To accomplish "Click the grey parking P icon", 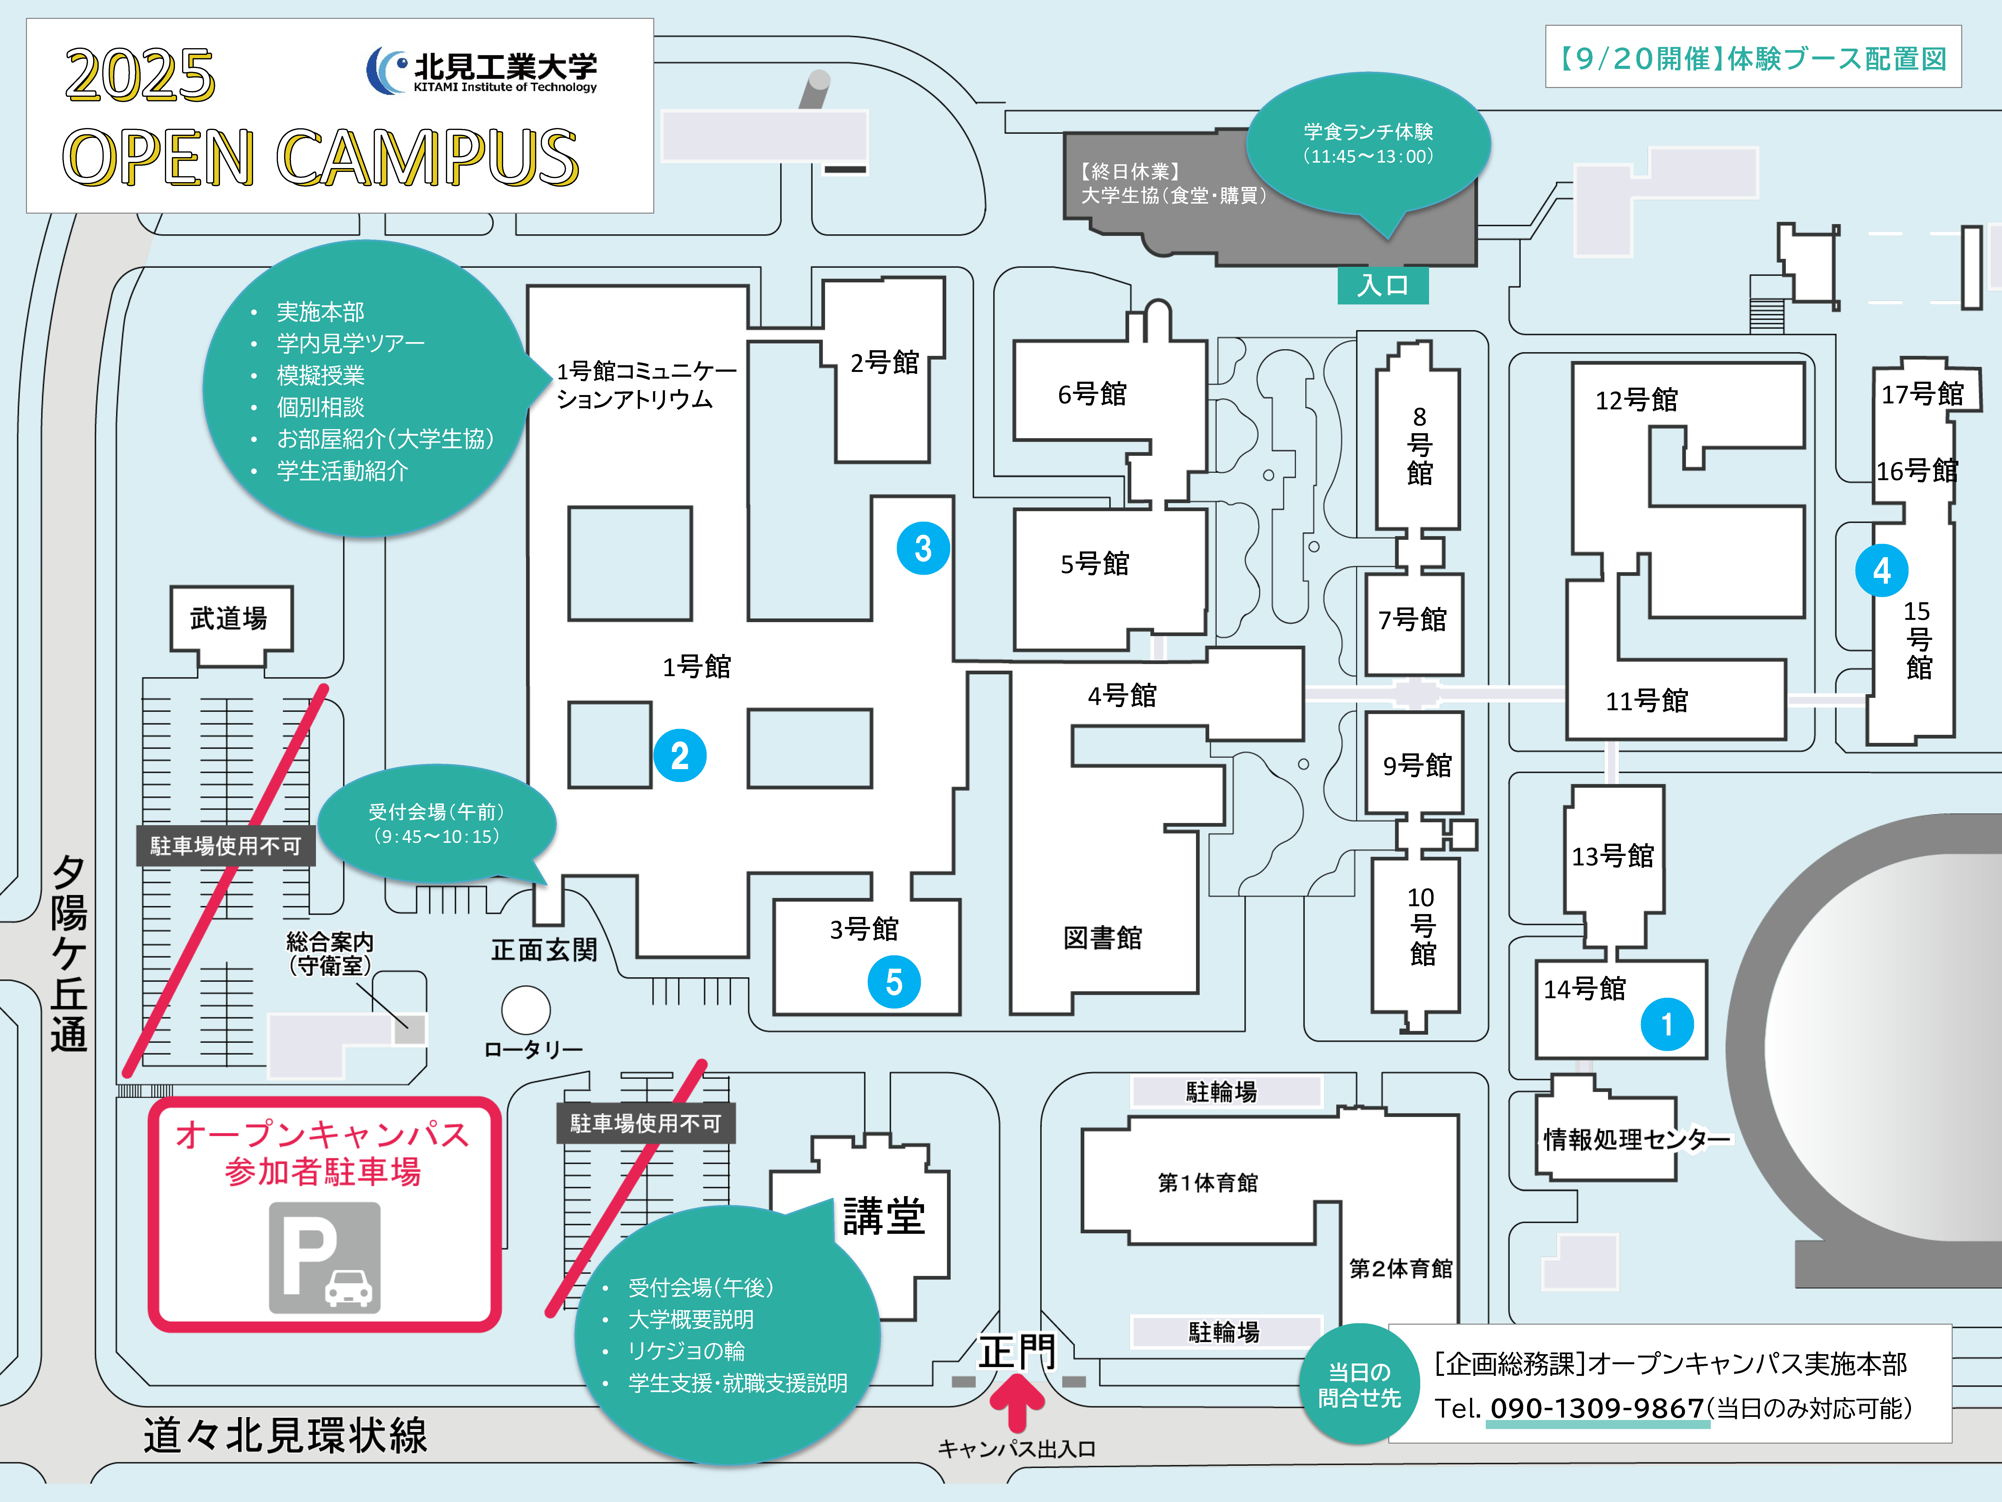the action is click(x=324, y=1258).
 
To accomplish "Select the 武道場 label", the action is click(x=229, y=618).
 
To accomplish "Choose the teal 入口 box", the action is click(x=1383, y=285).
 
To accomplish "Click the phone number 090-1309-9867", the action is click(x=1597, y=1408).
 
